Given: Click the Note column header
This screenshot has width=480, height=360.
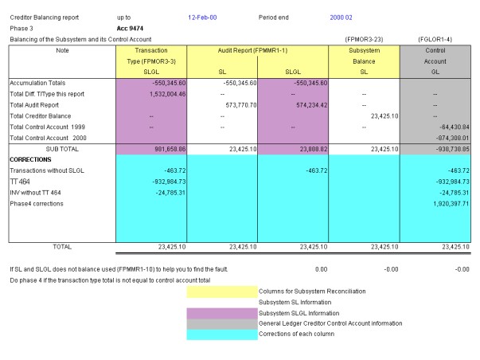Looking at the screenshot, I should coord(64,50).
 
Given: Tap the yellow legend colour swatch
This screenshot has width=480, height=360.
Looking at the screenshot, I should coord(221,291).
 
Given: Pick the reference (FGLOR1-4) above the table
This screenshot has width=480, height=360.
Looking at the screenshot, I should coord(434,39).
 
